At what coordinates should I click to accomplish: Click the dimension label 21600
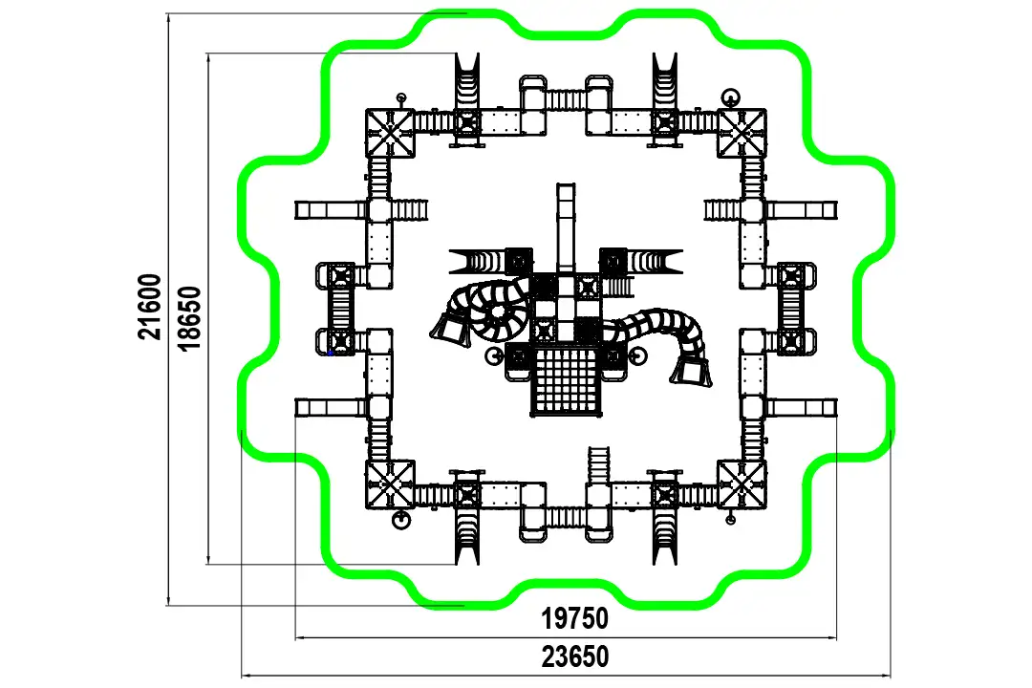pyautogui.click(x=149, y=307)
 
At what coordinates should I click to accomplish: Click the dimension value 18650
pyautogui.click(x=189, y=318)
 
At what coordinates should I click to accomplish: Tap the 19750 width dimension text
pyautogui.click(x=574, y=619)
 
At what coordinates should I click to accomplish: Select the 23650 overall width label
pyautogui.click(x=575, y=657)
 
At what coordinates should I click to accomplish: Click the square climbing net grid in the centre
pyautogui.click(x=566, y=382)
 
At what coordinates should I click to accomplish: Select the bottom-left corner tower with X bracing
pyautogui.click(x=390, y=484)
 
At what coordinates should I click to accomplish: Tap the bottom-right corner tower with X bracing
pyautogui.click(x=742, y=484)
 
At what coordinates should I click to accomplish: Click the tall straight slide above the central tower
pyautogui.click(x=566, y=227)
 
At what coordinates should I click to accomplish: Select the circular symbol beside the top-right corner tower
pyautogui.click(x=730, y=98)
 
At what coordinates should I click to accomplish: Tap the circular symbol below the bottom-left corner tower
pyautogui.click(x=400, y=520)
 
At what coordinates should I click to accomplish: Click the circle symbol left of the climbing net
pyautogui.click(x=494, y=356)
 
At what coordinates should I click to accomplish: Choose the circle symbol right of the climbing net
pyautogui.click(x=637, y=356)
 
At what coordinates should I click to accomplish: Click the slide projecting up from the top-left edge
pyautogui.click(x=467, y=82)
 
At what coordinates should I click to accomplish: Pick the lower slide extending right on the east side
pyautogui.click(x=802, y=407)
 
